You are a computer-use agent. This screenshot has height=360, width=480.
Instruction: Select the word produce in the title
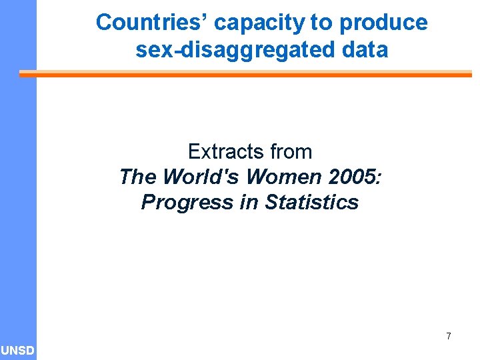tap(383, 23)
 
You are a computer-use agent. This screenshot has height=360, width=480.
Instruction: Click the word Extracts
tap(223, 152)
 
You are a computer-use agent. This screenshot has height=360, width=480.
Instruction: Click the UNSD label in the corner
tap(18, 351)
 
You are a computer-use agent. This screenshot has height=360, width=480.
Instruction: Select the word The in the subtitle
tap(138, 177)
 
